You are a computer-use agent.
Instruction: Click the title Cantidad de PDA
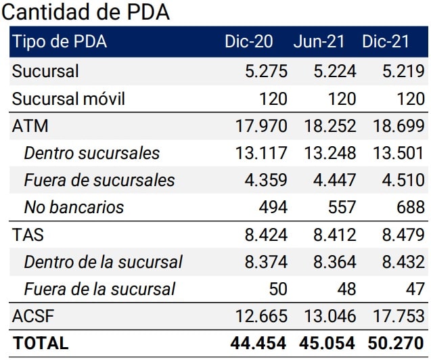tap(87, 12)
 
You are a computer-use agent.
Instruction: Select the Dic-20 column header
tap(248, 42)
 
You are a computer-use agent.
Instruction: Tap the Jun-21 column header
tap(319, 42)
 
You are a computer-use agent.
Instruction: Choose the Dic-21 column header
tap(386, 42)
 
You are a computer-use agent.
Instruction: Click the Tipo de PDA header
tap(60, 42)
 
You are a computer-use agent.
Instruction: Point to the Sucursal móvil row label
tap(69, 99)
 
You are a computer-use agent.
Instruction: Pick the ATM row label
tap(30, 127)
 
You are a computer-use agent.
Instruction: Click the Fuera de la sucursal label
tap(99, 290)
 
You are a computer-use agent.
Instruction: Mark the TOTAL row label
tap(41, 343)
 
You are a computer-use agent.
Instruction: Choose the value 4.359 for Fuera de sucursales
tap(265, 181)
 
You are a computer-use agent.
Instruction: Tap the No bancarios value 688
tap(411, 207)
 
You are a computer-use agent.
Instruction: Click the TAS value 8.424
tap(265, 235)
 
